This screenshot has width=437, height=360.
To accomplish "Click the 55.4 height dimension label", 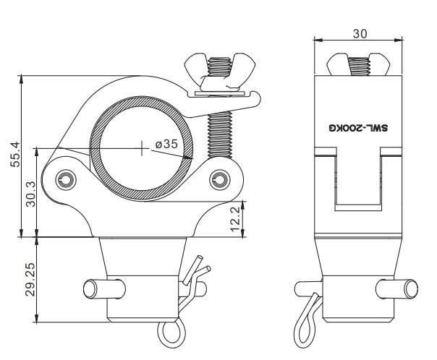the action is click(15, 154).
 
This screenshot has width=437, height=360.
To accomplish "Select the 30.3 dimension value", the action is click(30, 194).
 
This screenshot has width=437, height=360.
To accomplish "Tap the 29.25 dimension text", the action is click(30, 279).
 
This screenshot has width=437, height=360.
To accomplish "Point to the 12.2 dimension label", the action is click(236, 219).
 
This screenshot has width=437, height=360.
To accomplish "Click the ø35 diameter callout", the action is click(166, 144).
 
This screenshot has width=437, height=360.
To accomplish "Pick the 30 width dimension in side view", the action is click(360, 34).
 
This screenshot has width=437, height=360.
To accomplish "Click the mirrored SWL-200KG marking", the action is click(358, 128).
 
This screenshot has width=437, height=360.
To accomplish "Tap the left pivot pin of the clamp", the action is click(66, 179).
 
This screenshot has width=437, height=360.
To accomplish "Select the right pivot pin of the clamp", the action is click(220, 179).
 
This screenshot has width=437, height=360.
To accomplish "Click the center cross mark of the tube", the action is click(142, 148).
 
